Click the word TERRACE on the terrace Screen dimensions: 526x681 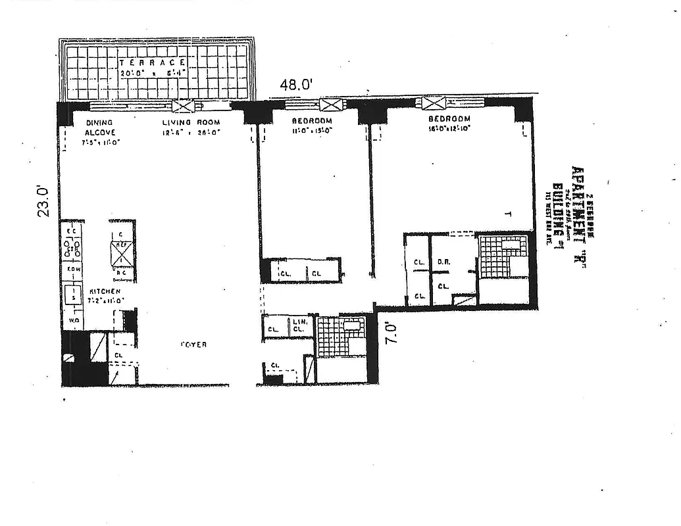pos(147,62)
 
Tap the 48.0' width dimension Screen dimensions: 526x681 pos(295,85)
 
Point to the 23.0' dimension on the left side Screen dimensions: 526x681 pos(43,201)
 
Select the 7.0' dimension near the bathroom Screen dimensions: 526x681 pos(391,331)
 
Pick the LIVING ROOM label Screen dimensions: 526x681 pos(191,122)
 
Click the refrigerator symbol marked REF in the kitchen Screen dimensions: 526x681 pos(121,251)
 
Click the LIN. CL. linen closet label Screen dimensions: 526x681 pos(299,325)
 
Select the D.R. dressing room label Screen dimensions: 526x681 pos(443,264)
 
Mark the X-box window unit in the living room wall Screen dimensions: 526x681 pos(184,107)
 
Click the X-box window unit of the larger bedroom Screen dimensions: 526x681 pos(434,103)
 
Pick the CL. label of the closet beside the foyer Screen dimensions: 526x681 pos(118,356)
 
